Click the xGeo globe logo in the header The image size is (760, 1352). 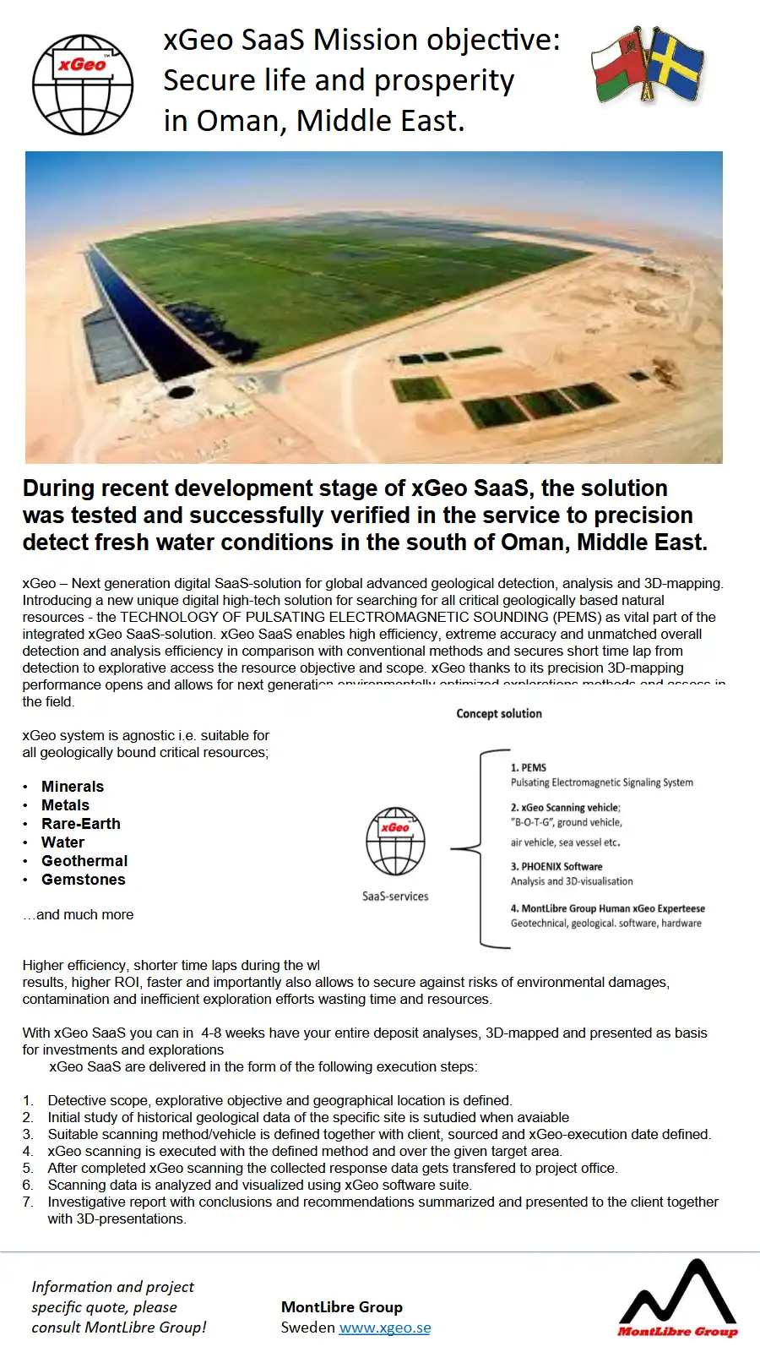(x=83, y=84)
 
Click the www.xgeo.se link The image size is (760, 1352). (x=384, y=1327)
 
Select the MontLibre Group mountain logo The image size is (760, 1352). (x=677, y=1297)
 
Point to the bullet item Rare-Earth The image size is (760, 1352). (x=81, y=824)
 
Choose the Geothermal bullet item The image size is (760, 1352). (x=84, y=861)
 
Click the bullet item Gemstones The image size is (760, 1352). (x=84, y=880)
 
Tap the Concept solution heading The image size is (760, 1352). (x=499, y=714)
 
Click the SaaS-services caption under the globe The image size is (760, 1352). (x=395, y=897)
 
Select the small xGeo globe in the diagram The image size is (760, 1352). (x=395, y=842)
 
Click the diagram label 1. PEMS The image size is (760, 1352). (x=529, y=768)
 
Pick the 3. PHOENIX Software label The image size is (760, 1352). (x=556, y=867)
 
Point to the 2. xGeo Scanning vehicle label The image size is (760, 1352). (x=565, y=808)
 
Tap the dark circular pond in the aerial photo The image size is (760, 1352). (x=181, y=391)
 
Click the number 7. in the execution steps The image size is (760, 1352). (x=28, y=1202)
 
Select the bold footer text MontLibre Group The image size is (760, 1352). (x=342, y=1307)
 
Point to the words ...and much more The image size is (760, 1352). (x=79, y=915)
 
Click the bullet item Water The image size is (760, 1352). (x=63, y=842)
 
